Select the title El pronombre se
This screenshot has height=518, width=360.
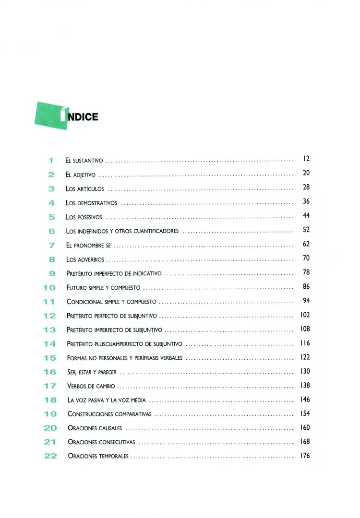(x=89, y=246)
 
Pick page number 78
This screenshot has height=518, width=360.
(x=306, y=272)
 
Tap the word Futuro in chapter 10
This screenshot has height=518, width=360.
(x=77, y=288)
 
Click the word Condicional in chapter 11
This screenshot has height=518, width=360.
(x=84, y=302)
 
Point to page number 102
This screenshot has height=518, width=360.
(x=305, y=315)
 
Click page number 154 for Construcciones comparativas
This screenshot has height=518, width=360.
(x=305, y=400)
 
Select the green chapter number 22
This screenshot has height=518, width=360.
(x=50, y=456)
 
